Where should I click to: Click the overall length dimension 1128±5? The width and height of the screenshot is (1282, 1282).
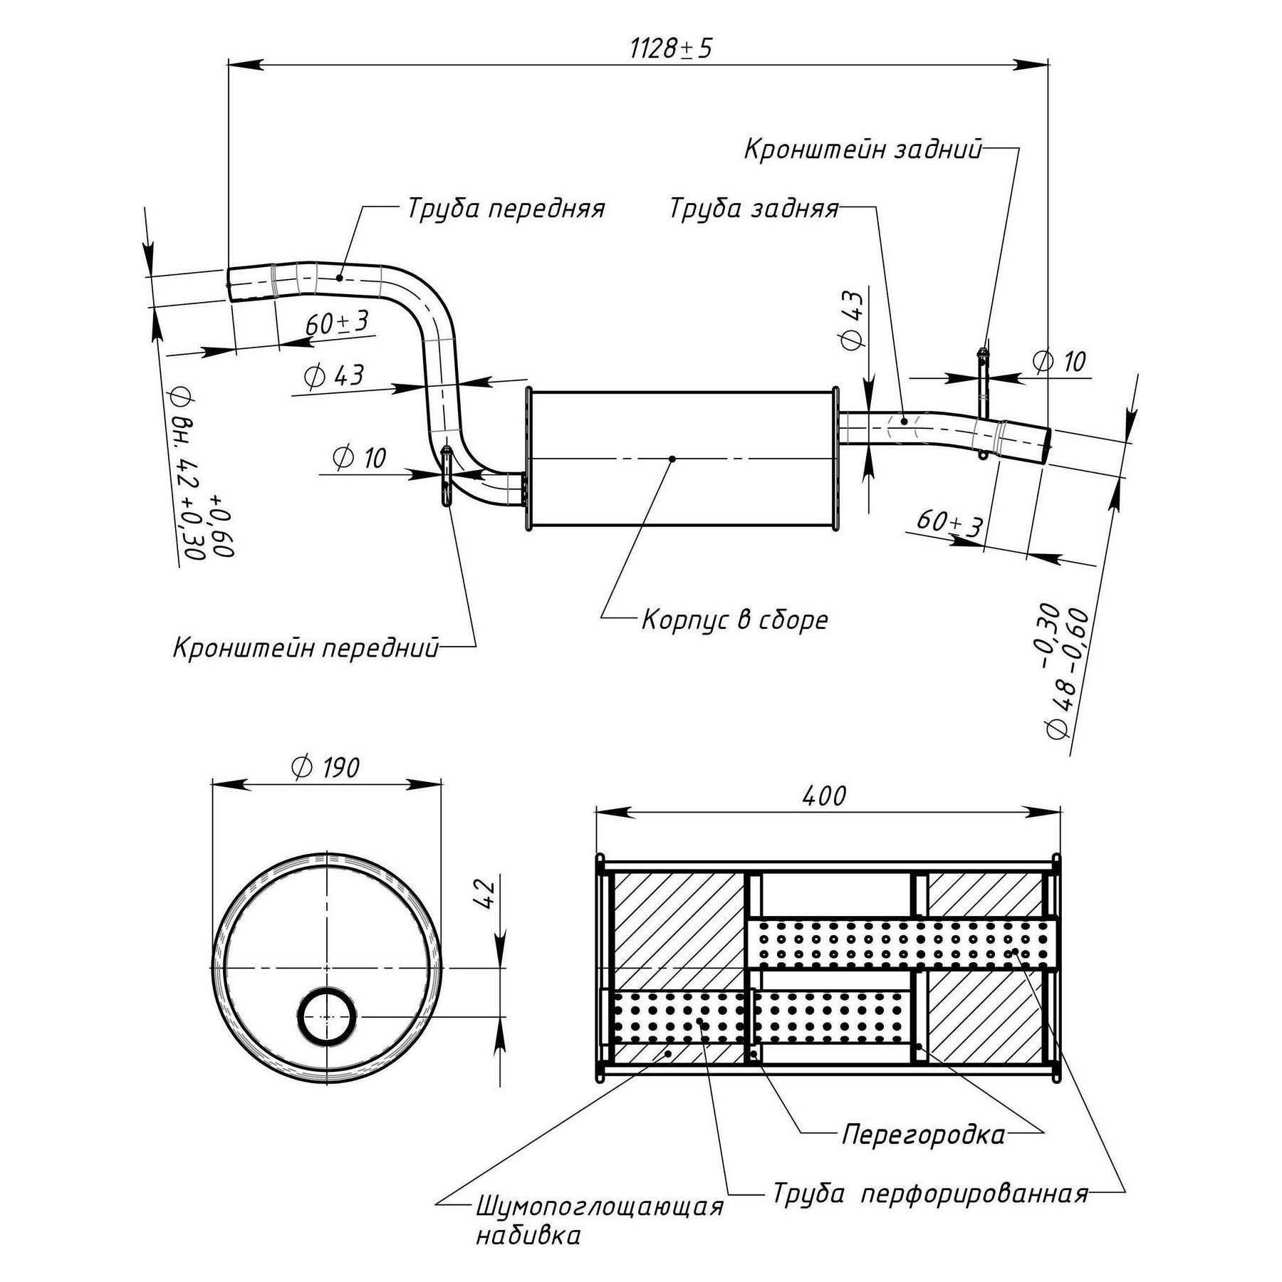[x=670, y=48]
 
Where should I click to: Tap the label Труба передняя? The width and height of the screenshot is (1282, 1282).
[x=506, y=209]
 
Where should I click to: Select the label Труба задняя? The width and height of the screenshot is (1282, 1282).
[x=754, y=209]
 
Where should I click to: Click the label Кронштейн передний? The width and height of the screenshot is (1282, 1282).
[x=306, y=648]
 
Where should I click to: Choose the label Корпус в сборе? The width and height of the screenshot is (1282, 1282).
[x=735, y=619]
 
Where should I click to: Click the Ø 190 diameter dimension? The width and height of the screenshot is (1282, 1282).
[x=325, y=766]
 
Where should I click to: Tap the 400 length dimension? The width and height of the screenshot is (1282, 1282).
[x=824, y=796]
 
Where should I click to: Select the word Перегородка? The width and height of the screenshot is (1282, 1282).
[x=924, y=1134]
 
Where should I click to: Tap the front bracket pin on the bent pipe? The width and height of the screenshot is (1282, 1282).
[x=447, y=476]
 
